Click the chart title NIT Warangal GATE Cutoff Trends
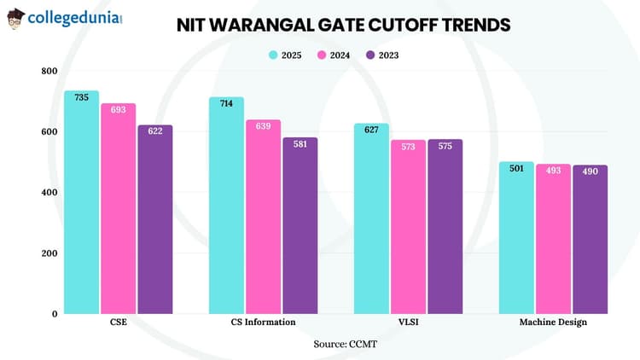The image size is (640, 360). pos(343,25)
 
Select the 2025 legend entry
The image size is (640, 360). pos(286,55)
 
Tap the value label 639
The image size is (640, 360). pos(263,125)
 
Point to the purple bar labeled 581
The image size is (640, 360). pos(300,226)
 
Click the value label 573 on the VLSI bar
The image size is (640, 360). pos(408,146)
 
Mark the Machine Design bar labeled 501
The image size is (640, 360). pos(516,238)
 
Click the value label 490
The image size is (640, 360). pos(590,171)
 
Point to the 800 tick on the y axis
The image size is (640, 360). pos(49,71)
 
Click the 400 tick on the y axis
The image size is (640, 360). pos(49,192)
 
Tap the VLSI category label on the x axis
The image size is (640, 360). pos(408,322)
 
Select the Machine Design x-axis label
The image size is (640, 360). pos(553,322)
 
